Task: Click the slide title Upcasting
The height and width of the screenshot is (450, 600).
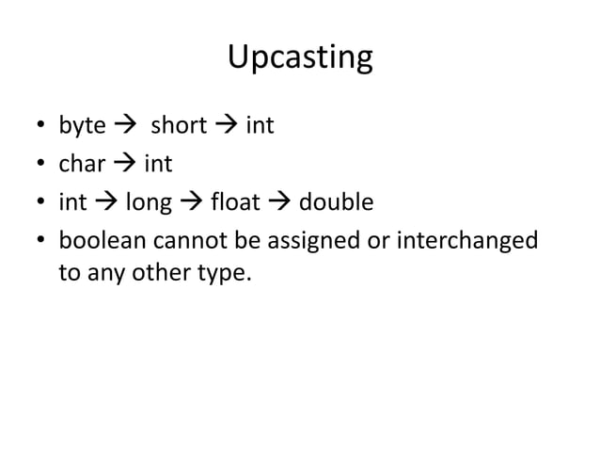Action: [x=300, y=58]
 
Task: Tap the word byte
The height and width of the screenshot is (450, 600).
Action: [x=82, y=126]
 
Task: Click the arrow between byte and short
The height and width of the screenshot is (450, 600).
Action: [x=124, y=126]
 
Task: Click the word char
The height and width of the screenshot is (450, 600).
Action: [x=82, y=165]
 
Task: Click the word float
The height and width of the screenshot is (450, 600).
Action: [x=236, y=203]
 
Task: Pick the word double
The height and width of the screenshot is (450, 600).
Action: [x=336, y=203]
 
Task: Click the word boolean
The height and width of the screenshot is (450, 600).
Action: [x=99, y=242]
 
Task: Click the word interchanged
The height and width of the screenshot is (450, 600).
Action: [x=466, y=243]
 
